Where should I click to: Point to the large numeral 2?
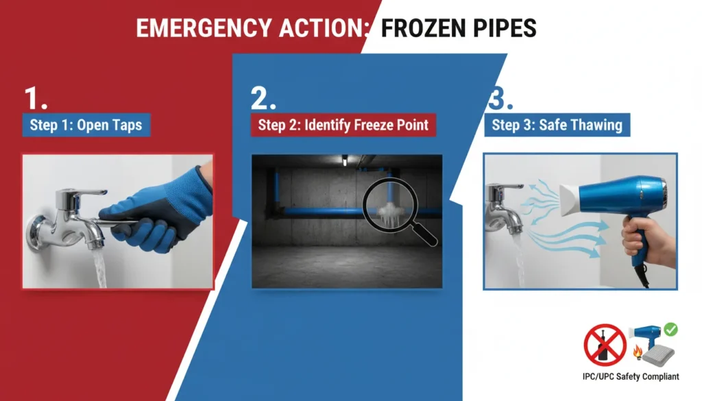pos(263,99)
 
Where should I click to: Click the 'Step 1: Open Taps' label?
pos(86,125)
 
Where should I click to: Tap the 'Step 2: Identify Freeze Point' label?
pos(343,125)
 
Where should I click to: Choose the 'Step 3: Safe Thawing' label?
pos(557,125)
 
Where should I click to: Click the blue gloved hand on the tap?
pos(165,206)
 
